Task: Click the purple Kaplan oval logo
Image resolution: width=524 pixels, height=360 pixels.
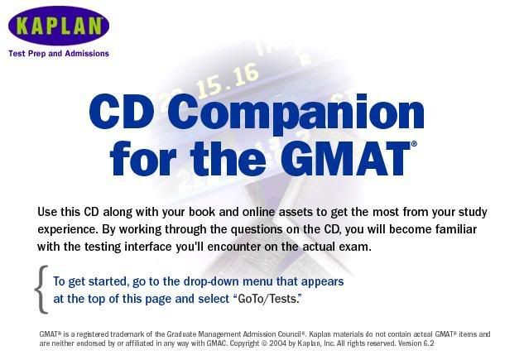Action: point(59,26)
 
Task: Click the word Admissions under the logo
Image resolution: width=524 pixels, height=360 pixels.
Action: point(87,54)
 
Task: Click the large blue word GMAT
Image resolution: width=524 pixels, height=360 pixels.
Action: point(346,159)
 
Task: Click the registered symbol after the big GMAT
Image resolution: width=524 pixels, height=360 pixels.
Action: point(414,144)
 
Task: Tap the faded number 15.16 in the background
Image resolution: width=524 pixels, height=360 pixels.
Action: point(228,80)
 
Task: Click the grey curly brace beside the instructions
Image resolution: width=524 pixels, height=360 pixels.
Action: point(41,290)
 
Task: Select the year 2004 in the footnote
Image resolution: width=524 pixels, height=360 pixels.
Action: point(277,343)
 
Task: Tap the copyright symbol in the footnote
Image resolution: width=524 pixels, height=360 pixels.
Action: point(264,343)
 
